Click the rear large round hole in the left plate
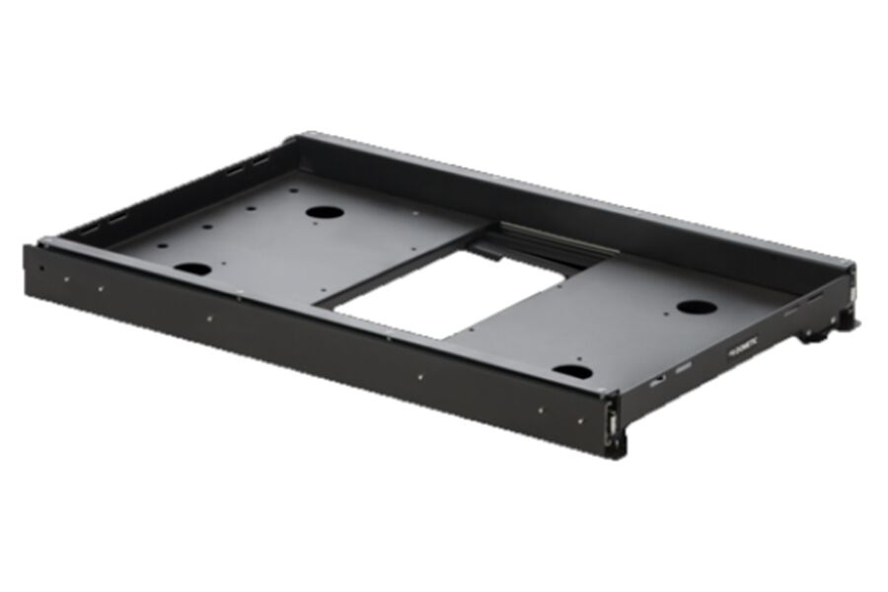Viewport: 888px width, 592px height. [x=324, y=211]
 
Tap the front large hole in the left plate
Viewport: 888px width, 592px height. [x=192, y=268]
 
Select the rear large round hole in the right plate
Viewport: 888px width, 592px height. [x=697, y=307]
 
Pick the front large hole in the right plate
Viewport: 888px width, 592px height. [x=572, y=372]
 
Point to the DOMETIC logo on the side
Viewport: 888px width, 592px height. [x=742, y=348]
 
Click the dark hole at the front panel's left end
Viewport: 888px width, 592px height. [x=40, y=264]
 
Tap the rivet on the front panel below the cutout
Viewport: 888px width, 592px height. [x=419, y=377]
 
